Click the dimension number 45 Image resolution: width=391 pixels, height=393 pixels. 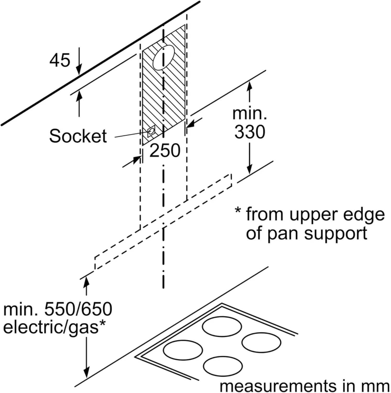60,60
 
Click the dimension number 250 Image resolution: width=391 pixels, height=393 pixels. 165,150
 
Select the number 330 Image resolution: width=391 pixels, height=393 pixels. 250,132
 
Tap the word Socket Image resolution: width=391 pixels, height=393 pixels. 78,136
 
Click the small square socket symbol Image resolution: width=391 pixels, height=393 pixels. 151,131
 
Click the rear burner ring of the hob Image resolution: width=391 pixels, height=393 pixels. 222,327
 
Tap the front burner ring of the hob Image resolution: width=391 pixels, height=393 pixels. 222,366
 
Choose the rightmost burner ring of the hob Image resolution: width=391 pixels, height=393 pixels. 261,342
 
